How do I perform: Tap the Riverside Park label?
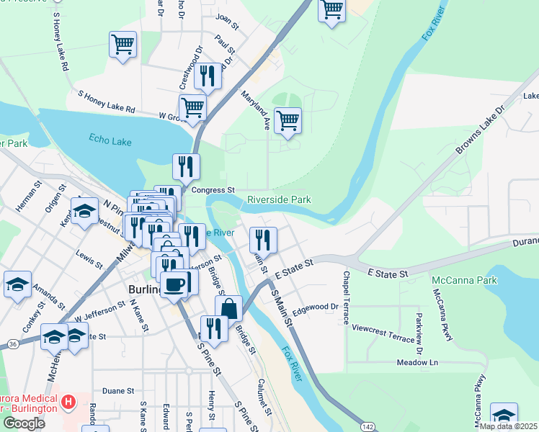pos(279,199)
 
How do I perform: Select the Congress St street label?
pos(214,190)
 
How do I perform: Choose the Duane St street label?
pos(118,391)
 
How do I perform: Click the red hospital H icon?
pos(68,400)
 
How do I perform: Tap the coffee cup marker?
pos(175,284)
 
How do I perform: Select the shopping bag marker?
pos(228,309)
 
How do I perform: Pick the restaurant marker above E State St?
pos(263,240)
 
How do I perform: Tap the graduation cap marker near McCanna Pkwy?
pos(504,415)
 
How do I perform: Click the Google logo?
pos(24,423)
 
